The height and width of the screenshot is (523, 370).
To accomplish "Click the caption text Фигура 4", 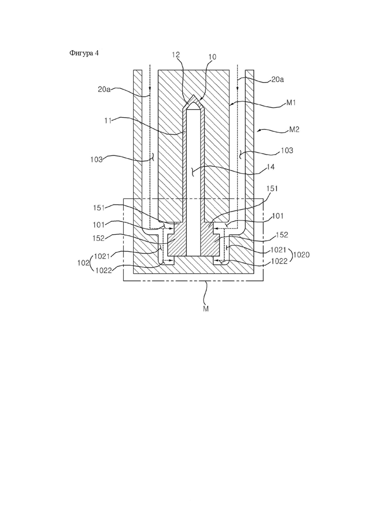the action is click(84, 53).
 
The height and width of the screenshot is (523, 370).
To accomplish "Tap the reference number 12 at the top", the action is click(176, 55).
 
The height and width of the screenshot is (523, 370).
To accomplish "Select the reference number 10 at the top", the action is click(212, 57).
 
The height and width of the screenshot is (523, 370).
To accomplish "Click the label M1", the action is click(291, 103).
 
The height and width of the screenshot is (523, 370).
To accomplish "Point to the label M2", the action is click(294, 129).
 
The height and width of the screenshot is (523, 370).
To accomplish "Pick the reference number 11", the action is click(107, 120).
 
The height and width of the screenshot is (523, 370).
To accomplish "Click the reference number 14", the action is click(270, 167).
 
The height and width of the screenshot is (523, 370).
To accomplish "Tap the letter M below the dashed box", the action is click(205, 309).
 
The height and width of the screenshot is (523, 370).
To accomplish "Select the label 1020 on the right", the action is click(302, 255).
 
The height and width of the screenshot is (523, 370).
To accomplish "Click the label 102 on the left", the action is click(83, 262).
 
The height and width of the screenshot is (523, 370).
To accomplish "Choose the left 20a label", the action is click(104, 90).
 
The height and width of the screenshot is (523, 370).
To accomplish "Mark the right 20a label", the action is click(277, 79).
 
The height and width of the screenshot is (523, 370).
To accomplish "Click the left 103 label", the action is click(96, 159).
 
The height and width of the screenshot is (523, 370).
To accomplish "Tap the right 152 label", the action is click(282, 235).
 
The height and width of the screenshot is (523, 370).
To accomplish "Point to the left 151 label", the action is click(99, 208).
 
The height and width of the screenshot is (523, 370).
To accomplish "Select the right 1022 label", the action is click(279, 261).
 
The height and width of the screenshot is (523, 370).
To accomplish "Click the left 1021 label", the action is click(102, 256).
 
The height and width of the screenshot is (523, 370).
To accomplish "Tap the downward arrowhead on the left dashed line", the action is click(150, 89).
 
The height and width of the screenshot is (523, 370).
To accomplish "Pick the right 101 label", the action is click(278, 216).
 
